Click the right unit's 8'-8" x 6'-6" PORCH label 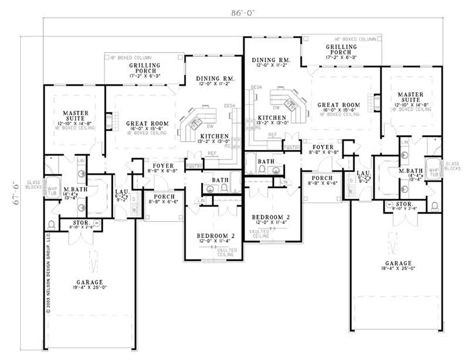coord(322,178)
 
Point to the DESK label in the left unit coord(229,106)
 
